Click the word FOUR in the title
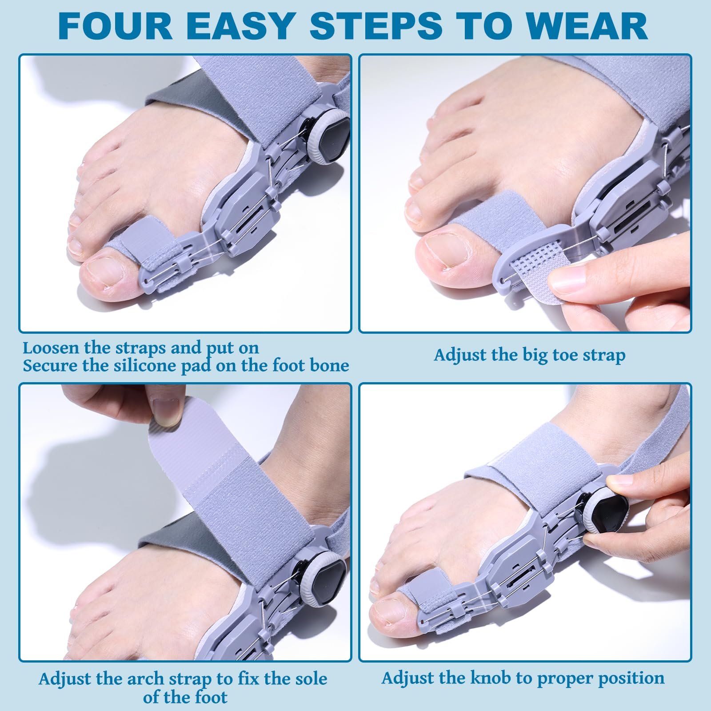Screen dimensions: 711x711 [x=115, y=26]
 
